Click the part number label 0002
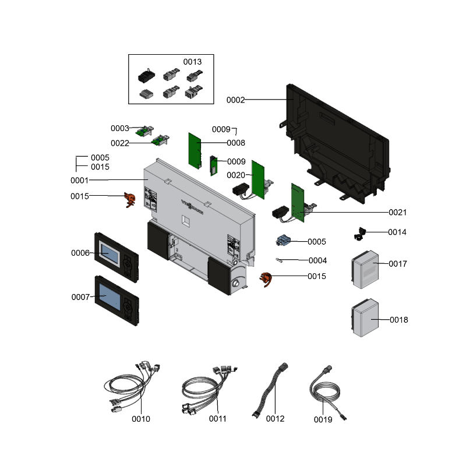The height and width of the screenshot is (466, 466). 235,100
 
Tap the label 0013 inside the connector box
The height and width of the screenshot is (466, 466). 192,62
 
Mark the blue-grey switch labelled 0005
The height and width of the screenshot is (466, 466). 284,241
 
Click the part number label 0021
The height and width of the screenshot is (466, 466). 398,213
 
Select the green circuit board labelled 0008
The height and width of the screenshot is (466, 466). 195,148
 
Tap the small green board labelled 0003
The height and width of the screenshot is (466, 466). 143,131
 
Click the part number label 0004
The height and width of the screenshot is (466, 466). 317,260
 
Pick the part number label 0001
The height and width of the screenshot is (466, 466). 79,181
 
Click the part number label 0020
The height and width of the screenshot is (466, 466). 235,175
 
